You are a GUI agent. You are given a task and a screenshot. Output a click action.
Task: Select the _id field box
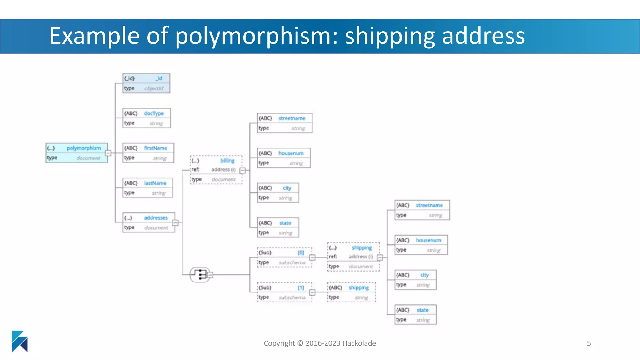point(146,83)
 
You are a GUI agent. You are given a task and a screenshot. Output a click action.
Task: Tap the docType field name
point(154,113)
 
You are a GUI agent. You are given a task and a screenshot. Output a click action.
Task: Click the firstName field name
point(155,148)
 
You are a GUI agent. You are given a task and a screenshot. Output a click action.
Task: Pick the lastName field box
point(148,188)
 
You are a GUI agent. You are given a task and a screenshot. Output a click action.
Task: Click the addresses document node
point(149,222)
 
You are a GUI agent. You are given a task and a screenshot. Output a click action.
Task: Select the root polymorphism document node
point(77,153)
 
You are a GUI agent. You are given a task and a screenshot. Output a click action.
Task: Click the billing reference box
point(216,170)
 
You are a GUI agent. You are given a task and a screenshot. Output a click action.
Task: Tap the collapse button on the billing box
point(242,170)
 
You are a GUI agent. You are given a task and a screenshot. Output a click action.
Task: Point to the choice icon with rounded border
point(200,275)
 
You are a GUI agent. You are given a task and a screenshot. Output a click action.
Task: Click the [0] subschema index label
point(301,252)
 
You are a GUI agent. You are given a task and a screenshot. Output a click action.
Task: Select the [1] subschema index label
point(301,287)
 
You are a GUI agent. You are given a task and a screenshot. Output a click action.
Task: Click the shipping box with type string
point(352,292)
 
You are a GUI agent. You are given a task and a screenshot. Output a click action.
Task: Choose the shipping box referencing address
point(353,257)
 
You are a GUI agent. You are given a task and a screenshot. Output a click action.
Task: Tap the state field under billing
point(278,227)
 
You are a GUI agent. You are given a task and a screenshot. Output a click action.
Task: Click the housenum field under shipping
point(421,245)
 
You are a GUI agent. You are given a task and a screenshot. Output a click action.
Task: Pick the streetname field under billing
point(285,123)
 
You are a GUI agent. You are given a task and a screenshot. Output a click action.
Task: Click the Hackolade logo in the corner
point(20,341)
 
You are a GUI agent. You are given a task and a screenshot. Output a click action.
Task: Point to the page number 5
point(589,343)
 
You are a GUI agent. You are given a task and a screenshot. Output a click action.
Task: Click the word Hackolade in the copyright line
point(359,343)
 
